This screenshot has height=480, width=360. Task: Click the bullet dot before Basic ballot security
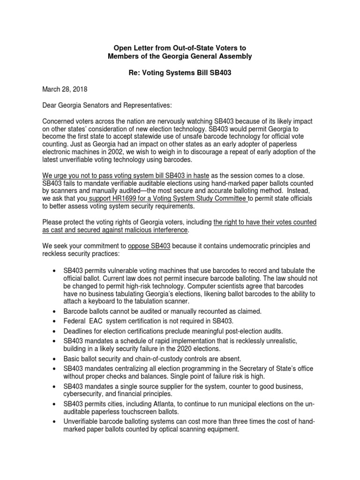coord(56,360)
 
